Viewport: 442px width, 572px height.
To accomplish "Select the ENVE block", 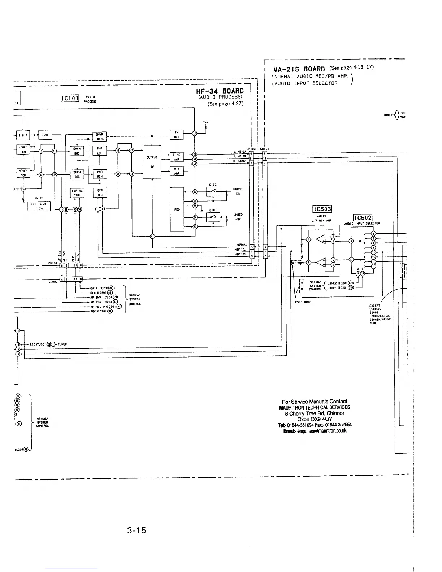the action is coord(45,135).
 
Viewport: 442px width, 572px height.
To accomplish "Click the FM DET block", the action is coord(177,135).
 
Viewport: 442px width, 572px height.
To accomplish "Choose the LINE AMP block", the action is coord(177,157).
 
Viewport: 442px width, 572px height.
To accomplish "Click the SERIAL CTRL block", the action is coord(77,193).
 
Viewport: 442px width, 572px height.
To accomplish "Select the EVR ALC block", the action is coord(100,193).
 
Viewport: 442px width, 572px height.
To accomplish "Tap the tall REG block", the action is coord(177,209).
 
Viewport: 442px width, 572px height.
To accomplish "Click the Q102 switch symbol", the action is coord(213,191).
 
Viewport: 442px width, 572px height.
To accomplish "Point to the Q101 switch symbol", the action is coord(213,217).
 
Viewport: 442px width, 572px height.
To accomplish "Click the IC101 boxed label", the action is coord(70,99).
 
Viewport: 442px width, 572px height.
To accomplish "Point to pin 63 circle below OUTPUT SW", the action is coord(152,237).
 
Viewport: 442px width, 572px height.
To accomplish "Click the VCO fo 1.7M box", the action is coord(39,206).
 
